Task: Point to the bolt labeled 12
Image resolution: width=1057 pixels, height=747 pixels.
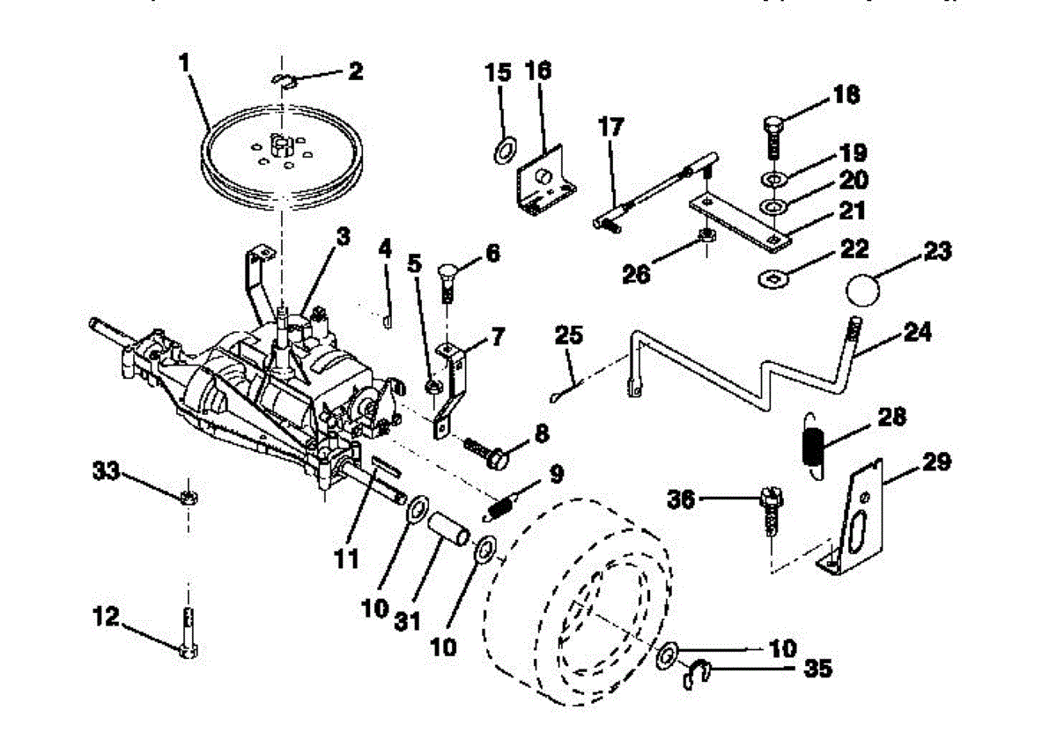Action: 188,632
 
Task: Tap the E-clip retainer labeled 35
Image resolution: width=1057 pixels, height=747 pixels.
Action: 699,676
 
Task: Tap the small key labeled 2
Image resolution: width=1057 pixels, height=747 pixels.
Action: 284,80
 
